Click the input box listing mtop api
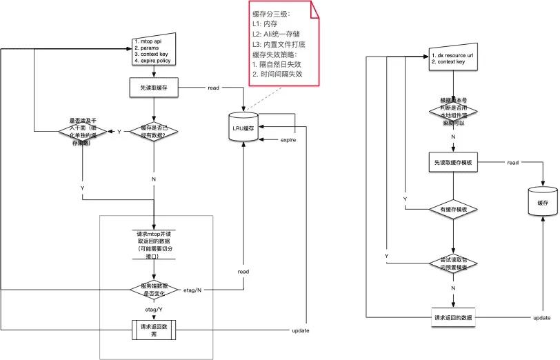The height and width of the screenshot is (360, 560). [x=155, y=52]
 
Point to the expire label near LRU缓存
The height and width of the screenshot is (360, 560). [x=288, y=140]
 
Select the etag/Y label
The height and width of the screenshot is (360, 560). [x=154, y=310]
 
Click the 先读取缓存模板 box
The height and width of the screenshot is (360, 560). [x=452, y=162]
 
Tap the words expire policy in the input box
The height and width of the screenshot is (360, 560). [x=156, y=61]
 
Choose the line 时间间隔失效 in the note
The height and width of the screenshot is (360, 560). [x=280, y=74]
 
